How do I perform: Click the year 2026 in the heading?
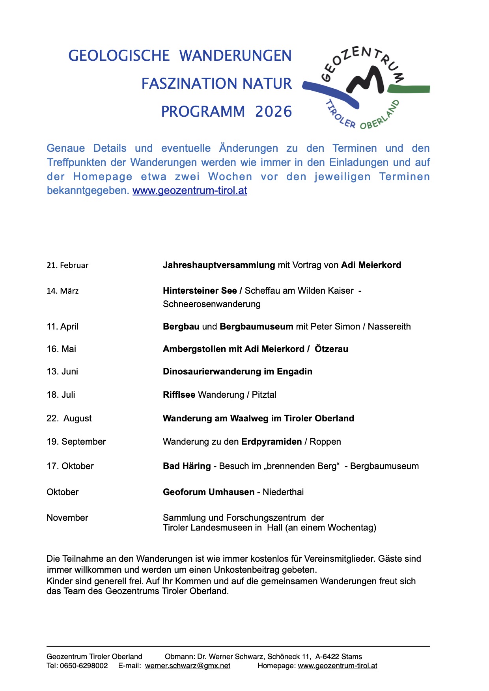coord(273,112)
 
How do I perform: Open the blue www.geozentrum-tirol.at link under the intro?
coord(190,191)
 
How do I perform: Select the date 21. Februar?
coord(67,265)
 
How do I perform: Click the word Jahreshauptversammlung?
coord(219,265)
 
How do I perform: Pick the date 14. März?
coord(63,291)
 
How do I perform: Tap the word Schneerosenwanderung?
coord(212,304)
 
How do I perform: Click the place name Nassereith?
coord(389,327)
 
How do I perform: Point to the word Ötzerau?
coord(331,349)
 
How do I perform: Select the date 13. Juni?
coord(62,372)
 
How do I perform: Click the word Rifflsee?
coord(179,395)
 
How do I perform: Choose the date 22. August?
coord(69,419)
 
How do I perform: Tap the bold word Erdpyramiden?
coord(272,442)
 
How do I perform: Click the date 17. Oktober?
coord(70,466)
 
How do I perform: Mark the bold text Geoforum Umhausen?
coord(209,492)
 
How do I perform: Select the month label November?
coord(67,518)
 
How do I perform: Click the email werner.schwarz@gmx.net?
coord(188,666)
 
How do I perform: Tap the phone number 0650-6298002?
coord(84,666)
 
